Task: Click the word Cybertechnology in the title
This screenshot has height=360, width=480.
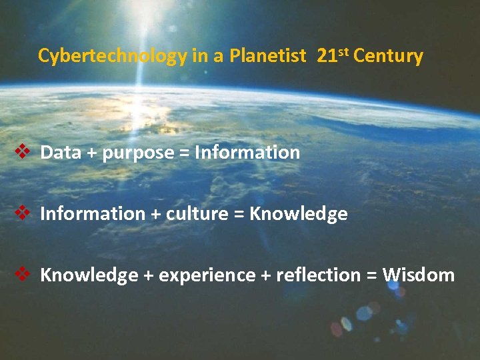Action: click(x=113, y=56)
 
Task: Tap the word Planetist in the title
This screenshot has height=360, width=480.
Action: click(x=265, y=56)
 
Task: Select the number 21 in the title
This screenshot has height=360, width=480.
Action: click(x=327, y=56)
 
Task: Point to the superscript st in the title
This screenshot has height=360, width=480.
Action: click(x=342, y=52)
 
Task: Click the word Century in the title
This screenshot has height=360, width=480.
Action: click(x=388, y=56)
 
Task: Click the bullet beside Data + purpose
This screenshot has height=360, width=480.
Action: click(x=21, y=152)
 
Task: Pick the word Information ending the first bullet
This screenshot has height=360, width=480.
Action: click(x=247, y=153)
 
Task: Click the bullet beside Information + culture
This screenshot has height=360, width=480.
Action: click(x=21, y=213)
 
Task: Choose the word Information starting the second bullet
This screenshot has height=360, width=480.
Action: click(x=93, y=214)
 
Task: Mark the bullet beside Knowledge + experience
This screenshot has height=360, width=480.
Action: click(x=21, y=274)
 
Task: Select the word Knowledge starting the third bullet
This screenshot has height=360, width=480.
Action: click(x=89, y=275)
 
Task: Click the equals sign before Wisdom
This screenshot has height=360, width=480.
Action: click(x=372, y=276)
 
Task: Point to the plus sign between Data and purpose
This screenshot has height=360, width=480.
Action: click(x=90, y=153)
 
